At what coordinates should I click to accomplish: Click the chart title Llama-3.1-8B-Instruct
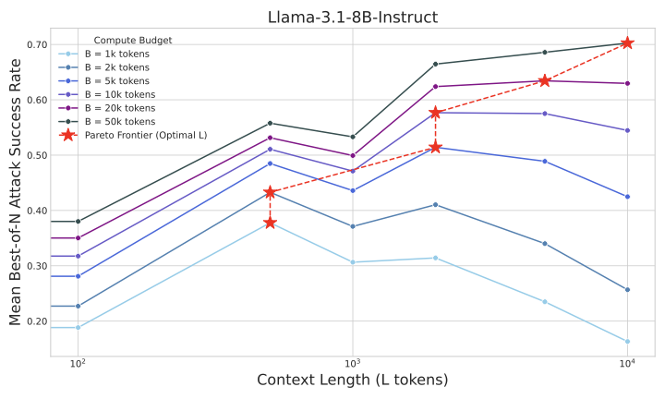point(352,16)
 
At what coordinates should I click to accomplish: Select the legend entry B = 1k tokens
point(120,54)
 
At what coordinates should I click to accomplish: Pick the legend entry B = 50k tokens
point(122,121)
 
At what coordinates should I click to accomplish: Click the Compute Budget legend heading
point(133,40)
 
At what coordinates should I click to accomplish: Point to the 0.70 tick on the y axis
point(38,44)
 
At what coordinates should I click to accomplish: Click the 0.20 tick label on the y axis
point(38,321)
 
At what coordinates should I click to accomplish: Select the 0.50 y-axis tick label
point(38,155)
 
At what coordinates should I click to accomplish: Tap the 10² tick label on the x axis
point(78,364)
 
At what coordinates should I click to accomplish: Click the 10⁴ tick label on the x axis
point(627,364)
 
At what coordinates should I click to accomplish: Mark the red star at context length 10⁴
point(627,42)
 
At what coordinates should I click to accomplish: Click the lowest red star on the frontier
point(270,223)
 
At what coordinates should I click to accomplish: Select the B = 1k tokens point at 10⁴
point(627,342)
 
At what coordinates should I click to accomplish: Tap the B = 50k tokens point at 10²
point(78,222)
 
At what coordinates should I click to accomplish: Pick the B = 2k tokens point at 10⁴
point(627,290)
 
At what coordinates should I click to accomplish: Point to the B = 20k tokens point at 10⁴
point(627,83)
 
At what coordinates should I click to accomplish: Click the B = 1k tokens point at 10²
point(78,327)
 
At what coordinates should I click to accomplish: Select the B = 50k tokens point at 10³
point(352,137)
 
